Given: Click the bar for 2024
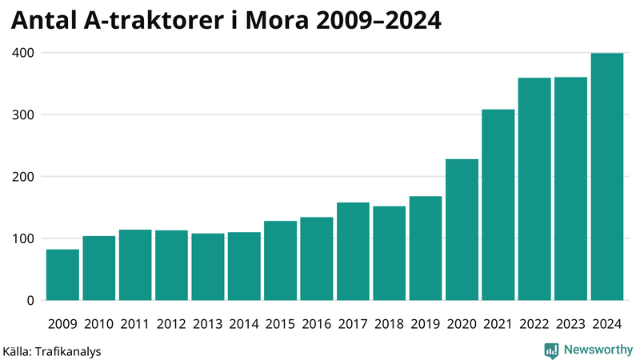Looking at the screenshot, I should [x=606, y=177].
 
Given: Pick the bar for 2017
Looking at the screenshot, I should [x=353, y=251].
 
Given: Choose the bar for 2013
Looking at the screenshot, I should [x=207, y=266].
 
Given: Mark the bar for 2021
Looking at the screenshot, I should [x=498, y=205].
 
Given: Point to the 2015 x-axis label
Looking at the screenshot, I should [x=280, y=323].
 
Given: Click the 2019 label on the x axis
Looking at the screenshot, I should [x=425, y=323].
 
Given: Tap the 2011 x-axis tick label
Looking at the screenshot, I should [x=135, y=323].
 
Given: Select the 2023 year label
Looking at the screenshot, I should [x=570, y=323].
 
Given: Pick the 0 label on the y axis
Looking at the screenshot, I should [x=30, y=301].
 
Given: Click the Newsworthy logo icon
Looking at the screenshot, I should [x=552, y=350].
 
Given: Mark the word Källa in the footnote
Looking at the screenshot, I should [x=18, y=351].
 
